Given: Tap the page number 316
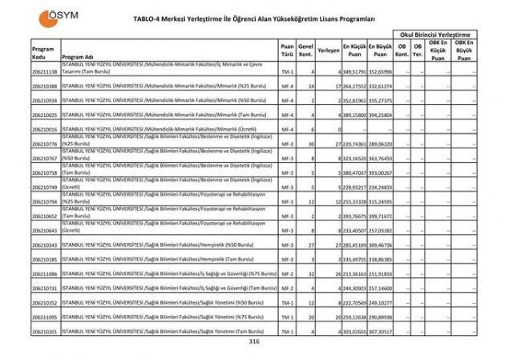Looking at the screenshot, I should coord(255,342).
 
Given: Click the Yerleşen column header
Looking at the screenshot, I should coord(327,50).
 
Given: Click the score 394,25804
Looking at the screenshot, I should coord(381,115).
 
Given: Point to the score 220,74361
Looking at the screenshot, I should coord(354,144).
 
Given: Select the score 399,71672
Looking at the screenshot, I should coord(381,216).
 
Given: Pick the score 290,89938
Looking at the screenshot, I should coord(381,318).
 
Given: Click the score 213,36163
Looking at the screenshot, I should coord(354,274).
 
